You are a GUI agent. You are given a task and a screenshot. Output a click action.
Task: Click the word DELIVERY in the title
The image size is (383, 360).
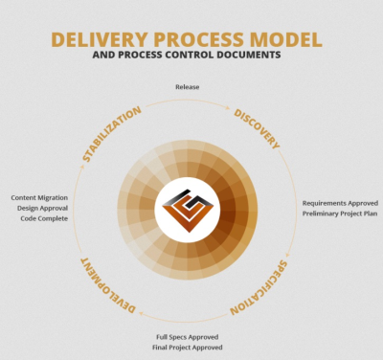click(96, 40)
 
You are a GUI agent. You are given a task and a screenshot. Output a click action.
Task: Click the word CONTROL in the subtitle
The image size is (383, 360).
click(182, 56)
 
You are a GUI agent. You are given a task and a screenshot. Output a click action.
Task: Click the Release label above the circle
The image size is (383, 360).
click(188, 87)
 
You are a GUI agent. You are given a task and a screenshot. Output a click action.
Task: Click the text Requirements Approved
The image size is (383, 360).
click(341, 203)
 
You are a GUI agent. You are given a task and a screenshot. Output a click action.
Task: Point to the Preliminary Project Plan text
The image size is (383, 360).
click(341, 214)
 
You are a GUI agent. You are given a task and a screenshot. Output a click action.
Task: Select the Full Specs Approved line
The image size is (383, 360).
click(188, 336)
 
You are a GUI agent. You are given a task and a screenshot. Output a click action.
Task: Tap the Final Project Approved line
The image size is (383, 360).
click(188, 347)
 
